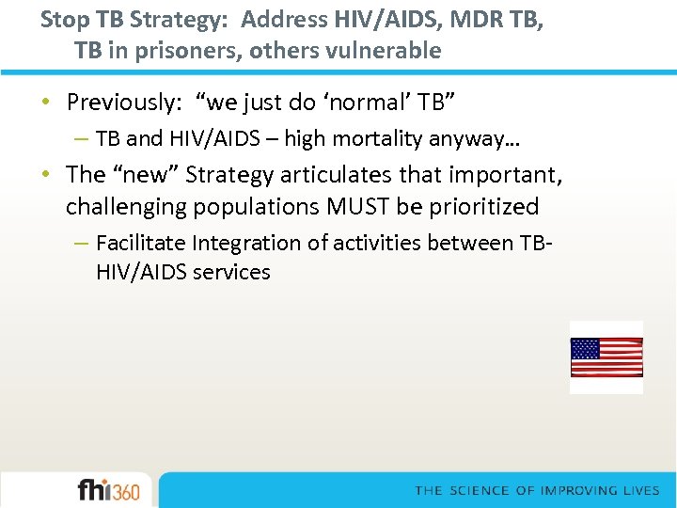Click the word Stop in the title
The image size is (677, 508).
pos(60,19)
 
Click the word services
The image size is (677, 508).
pos(232,273)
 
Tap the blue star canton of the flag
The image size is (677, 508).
pos(585,349)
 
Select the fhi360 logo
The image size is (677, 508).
pos(108,490)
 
